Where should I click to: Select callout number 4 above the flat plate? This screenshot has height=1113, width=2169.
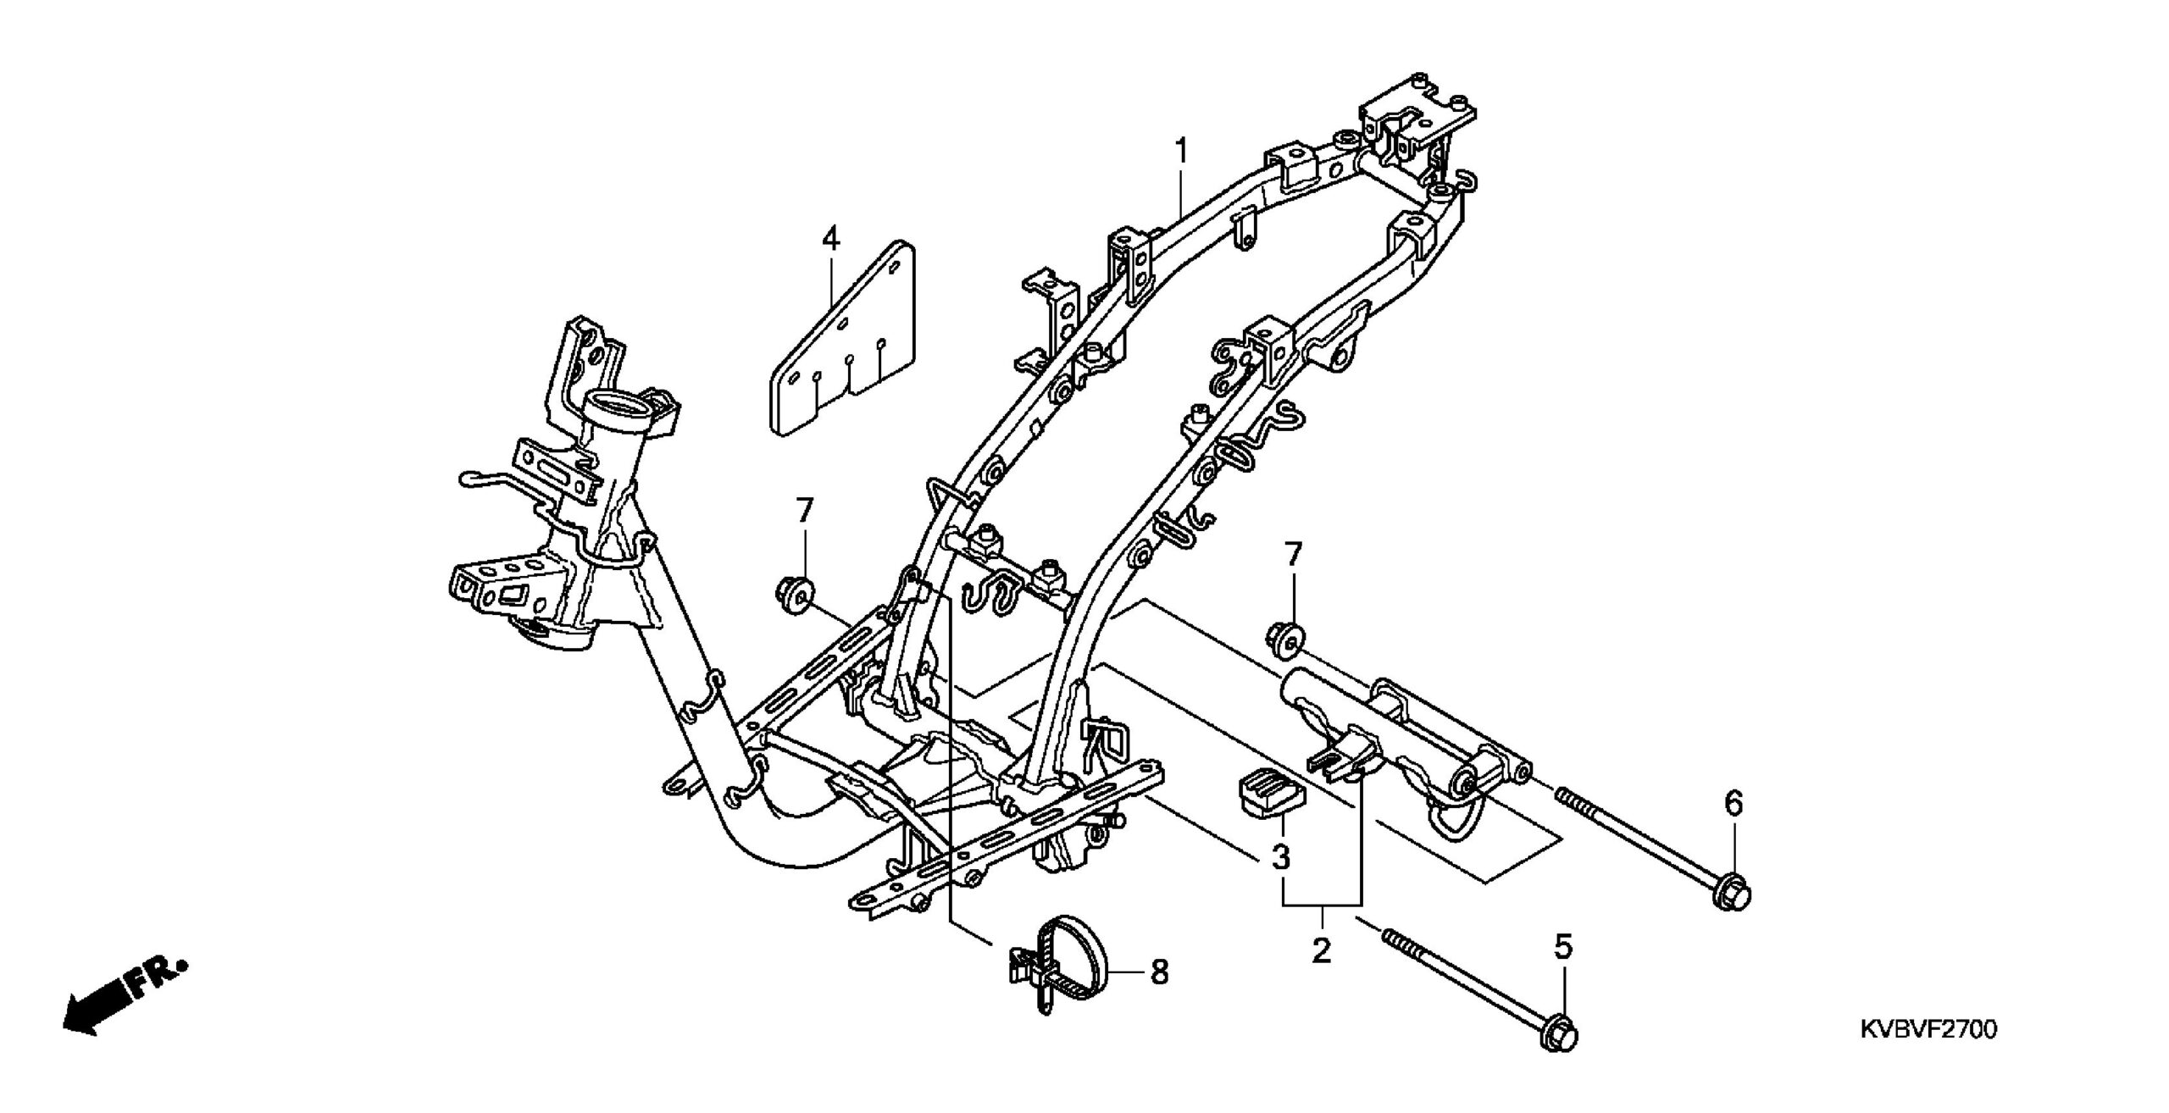(830, 239)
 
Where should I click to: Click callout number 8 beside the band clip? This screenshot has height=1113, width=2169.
(1158, 972)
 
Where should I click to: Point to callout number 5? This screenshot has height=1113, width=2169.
(1564, 947)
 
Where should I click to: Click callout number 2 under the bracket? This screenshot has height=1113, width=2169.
(1321, 950)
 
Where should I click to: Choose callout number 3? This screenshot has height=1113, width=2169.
(1280, 857)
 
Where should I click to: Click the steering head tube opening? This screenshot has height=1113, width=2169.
(619, 405)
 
